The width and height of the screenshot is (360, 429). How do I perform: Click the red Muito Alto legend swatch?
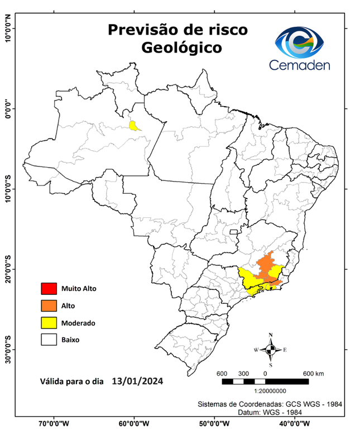(x=49, y=289)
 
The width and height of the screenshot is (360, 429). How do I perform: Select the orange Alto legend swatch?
(x=49, y=306)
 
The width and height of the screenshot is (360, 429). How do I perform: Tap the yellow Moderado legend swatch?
(x=49, y=322)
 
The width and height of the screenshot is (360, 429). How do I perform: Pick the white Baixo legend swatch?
(x=49, y=339)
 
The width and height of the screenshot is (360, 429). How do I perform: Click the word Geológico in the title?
(x=181, y=48)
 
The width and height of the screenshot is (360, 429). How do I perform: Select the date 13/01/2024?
(x=137, y=382)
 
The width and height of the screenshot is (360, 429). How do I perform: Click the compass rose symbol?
(x=271, y=350)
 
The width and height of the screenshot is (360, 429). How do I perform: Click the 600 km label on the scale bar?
(x=313, y=373)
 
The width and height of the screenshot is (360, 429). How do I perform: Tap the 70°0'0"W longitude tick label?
(x=54, y=423)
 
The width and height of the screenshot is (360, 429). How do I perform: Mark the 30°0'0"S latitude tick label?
(x=8, y=349)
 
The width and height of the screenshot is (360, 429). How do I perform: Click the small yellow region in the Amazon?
(x=134, y=126)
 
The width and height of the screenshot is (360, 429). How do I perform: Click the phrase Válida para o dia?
(x=72, y=383)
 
